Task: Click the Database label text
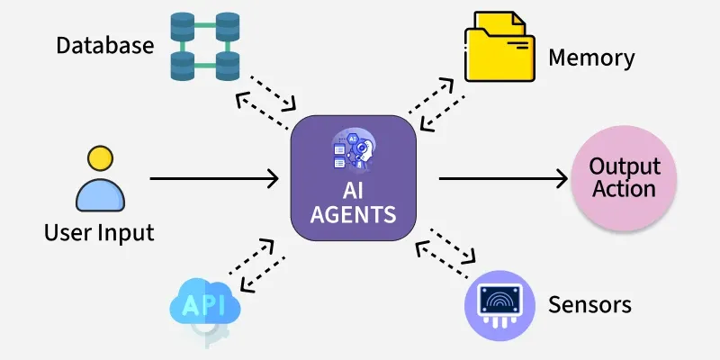(104, 45)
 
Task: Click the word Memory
(591, 58)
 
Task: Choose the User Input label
(99, 233)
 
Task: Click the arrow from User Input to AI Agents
(214, 179)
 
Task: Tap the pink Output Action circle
(624, 177)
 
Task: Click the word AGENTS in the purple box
(354, 216)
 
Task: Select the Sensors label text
(589, 304)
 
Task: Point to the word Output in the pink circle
(624, 166)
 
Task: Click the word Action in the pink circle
(624, 189)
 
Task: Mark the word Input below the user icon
(127, 233)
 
